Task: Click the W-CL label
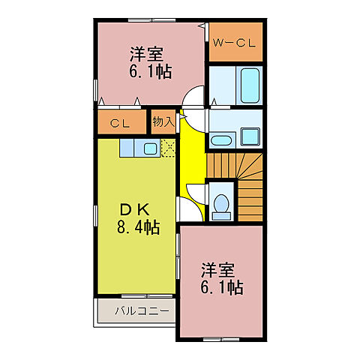pos(234,43)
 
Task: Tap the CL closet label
pos(116,121)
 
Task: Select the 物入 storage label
pos(163,121)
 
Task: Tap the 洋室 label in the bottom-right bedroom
pos(218,269)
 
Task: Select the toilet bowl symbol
pos(221,205)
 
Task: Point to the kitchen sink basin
pos(148,148)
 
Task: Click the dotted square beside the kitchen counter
pos(168,148)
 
